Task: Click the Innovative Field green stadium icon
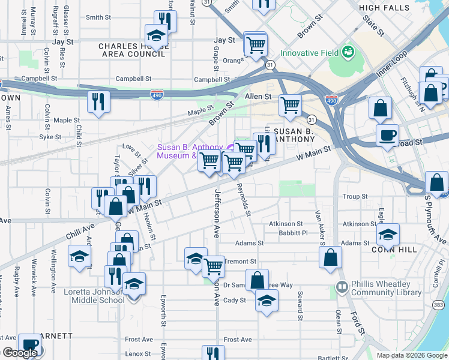[x=348, y=52]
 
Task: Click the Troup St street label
[x=355, y=197]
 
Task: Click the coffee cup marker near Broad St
[x=388, y=134]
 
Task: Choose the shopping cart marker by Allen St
[x=291, y=105]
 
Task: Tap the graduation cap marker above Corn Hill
[x=388, y=233]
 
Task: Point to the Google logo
[x=20, y=353]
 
